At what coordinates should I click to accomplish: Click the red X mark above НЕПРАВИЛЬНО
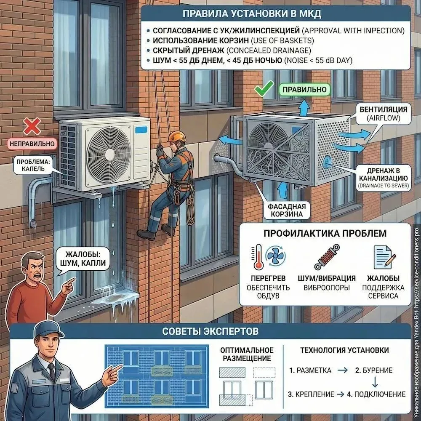pyautogui.click(x=32, y=126)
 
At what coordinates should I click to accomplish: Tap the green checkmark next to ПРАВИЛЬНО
pyautogui.click(x=264, y=88)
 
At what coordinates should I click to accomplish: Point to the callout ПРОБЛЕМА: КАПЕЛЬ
pyautogui.click(x=33, y=165)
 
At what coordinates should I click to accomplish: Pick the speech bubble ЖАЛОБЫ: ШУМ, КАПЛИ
pyautogui.click(x=82, y=258)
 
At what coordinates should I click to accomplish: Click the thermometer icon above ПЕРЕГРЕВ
pyautogui.click(x=258, y=257)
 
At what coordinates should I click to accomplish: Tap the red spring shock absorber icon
pyautogui.click(x=327, y=257)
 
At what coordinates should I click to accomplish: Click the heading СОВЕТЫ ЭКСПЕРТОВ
pyautogui.click(x=210, y=331)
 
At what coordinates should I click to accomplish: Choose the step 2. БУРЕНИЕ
pyautogui.click(x=374, y=370)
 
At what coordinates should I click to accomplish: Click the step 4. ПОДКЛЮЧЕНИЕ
pyautogui.click(x=376, y=394)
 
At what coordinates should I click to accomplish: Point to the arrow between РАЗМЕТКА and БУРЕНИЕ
pyautogui.click(x=342, y=370)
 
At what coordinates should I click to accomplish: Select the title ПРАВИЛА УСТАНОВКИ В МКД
pyautogui.click(x=252, y=14)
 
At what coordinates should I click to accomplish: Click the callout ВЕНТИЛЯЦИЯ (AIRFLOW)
pyautogui.click(x=383, y=114)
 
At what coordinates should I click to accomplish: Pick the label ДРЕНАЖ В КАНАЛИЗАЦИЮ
pyautogui.click(x=383, y=178)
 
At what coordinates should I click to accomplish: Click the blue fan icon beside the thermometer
pyautogui.click(x=275, y=256)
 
